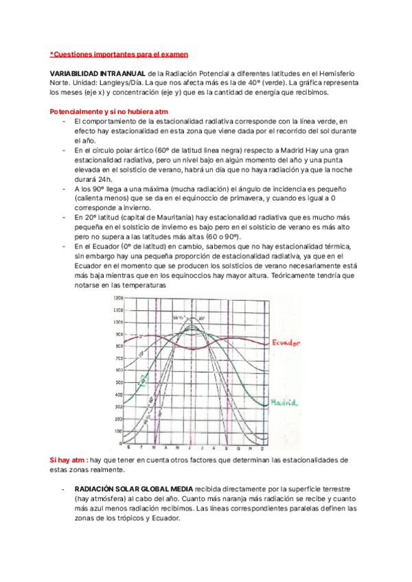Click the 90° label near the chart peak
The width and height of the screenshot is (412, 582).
(x=201, y=319)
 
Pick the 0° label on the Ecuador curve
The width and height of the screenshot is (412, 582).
(x=140, y=336)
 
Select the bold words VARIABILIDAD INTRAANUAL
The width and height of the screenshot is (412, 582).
(x=97, y=73)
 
